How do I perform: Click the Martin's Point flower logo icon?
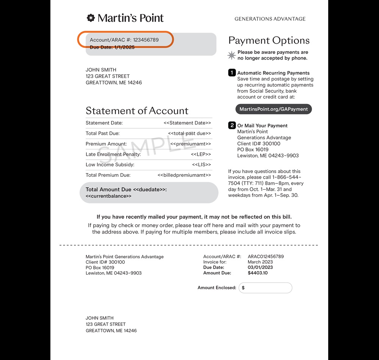pos(91,18)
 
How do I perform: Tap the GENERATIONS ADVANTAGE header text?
pos(270,19)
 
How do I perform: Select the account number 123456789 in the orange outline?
pos(146,40)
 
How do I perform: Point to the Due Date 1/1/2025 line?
pos(112,47)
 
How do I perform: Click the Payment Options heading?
pos(269,41)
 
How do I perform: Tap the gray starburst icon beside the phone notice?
pos(232,55)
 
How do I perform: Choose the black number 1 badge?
pos(232,73)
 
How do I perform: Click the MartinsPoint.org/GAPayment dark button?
pos(274,109)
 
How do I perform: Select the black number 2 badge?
pos(232,126)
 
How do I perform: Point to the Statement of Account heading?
pos(137,111)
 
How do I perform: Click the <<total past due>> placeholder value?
pos(189,134)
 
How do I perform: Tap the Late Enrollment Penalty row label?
pos(113,154)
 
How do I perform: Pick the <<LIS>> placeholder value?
pos(201,165)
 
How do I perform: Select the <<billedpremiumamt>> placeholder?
pos(184,175)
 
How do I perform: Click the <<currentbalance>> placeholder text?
pos(108,196)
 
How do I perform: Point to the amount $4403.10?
pos(258,273)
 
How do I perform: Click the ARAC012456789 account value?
pos(266,256)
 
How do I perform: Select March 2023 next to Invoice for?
pos(260,262)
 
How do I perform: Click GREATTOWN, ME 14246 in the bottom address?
pos(111,331)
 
